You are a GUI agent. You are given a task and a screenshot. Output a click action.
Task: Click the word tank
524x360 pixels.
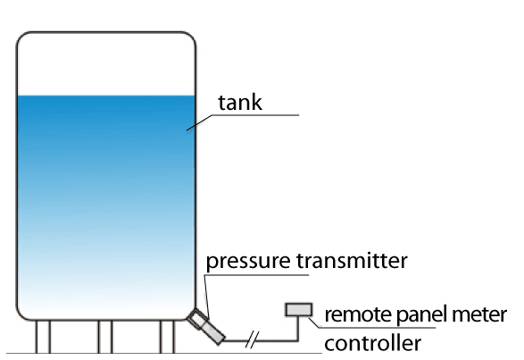pyautogui.click(x=240, y=102)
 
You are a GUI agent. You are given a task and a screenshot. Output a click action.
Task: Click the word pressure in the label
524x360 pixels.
pyautogui.click(x=248, y=262)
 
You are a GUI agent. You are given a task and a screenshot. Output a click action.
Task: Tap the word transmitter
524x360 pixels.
pyautogui.click(x=352, y=260)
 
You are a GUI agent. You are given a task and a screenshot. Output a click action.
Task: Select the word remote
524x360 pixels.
pyautogui.click(x=359, y=314)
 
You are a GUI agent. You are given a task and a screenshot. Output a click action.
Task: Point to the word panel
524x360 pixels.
pyautogui.click(x=422, y=315)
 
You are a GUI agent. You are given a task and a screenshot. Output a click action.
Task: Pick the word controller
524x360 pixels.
pyautogui.click(x=372, y=343)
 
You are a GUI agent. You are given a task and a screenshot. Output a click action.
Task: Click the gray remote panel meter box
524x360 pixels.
pyautogui.click(x=299, y=309)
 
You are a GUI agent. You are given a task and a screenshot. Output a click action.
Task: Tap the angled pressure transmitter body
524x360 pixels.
pyautogui.click(x=206, y=326)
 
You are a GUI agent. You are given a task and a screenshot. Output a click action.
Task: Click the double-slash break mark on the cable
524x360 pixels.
pyautogui.click(x=252, y=339)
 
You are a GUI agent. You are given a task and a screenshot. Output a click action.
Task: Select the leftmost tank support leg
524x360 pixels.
pyautogui.click(x=43, y=337)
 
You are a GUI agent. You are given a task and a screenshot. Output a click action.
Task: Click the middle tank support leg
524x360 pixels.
pyautogui.click(x=105, y=337)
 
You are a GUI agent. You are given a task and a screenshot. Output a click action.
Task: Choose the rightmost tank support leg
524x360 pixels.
pyautogui.click(x=167, y=337)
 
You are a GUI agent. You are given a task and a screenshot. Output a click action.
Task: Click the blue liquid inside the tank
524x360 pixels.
pyautogui.click(x=106, y=201)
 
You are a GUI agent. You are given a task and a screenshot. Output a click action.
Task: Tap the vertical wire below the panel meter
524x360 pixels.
pyautogui.click(x=298, y=329)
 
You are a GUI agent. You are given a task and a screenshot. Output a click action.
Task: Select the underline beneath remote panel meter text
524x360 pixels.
pyautogui.click(x=372, y=327)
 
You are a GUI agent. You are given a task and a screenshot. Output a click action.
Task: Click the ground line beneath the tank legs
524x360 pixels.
pyautogui.click(x=163, y=353)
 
